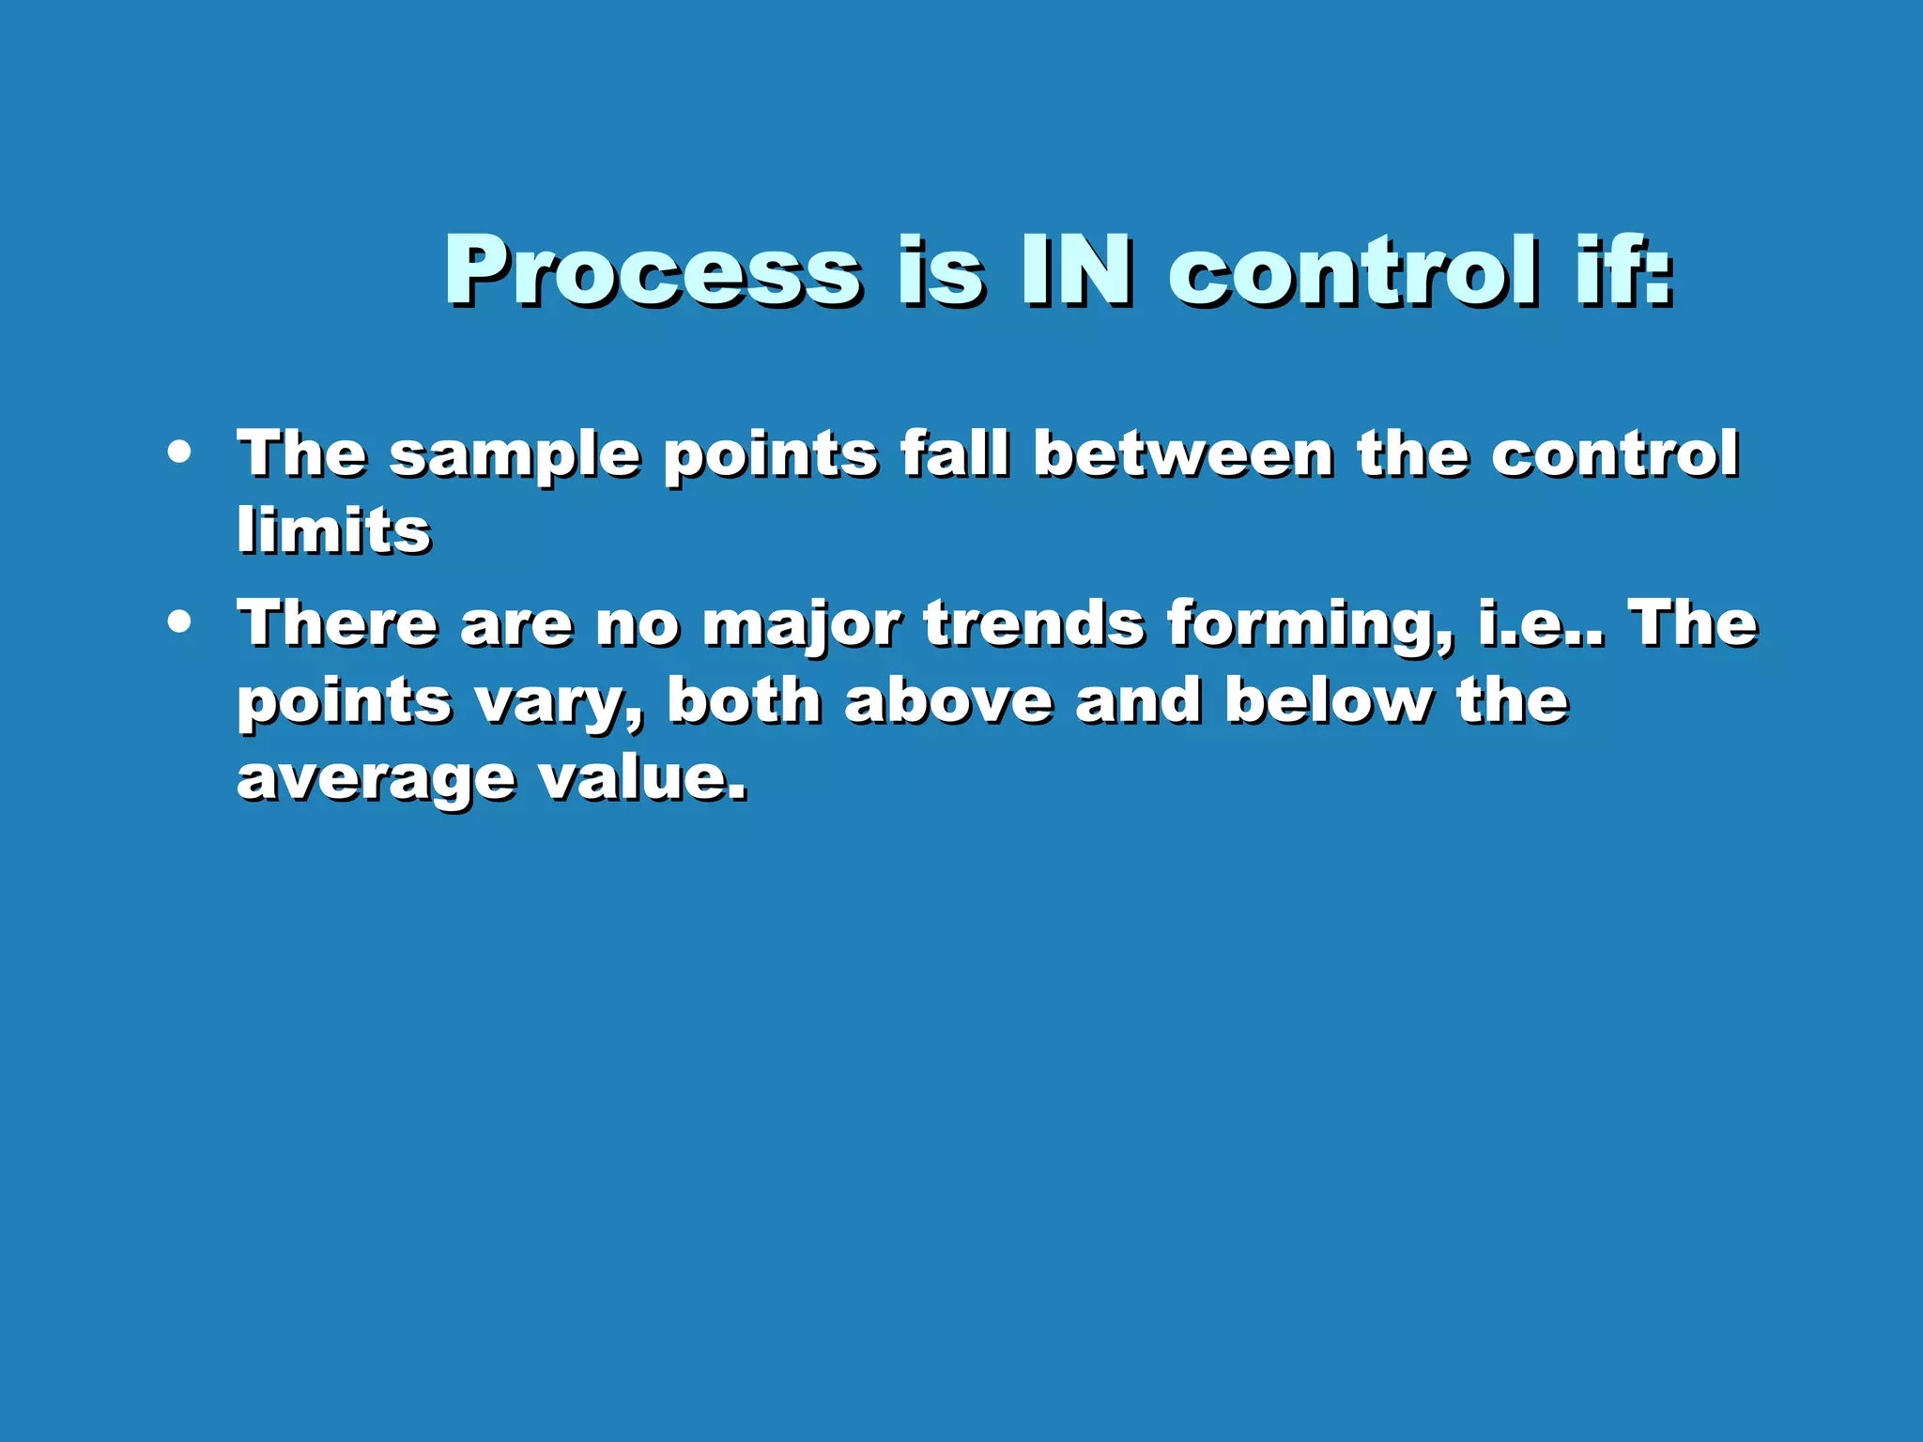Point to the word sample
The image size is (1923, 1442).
coord(515,456)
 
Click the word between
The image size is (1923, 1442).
coord(1183,454)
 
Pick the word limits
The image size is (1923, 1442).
coord(333,531)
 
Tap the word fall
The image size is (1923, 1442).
coord(955,454)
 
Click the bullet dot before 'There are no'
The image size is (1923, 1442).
coord(178,621)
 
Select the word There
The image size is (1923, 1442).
coord(337,623)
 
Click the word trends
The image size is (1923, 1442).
coord(1034,623)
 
